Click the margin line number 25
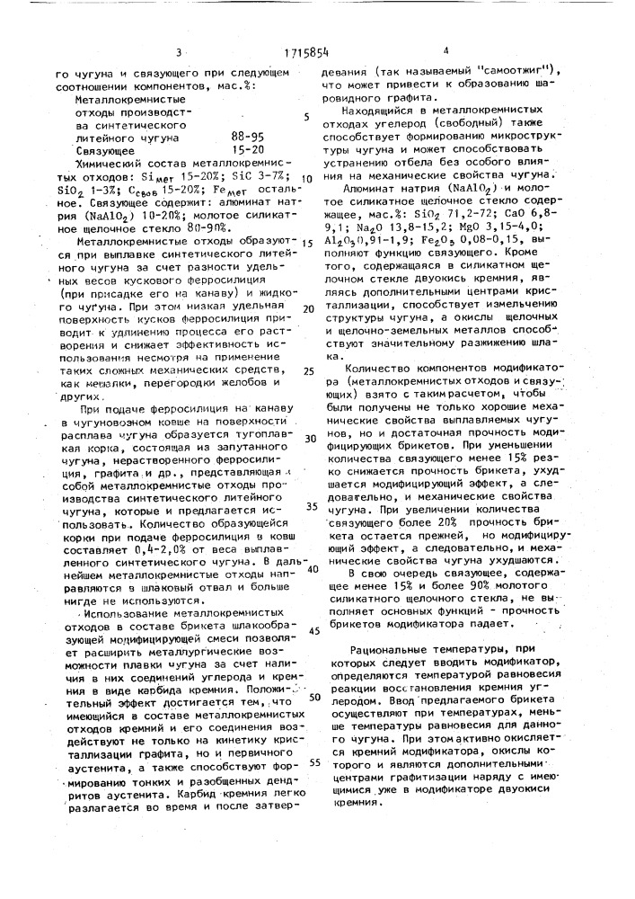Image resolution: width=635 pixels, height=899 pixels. (x=309, y=370)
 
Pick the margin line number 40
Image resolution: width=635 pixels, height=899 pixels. (x=313, y=568)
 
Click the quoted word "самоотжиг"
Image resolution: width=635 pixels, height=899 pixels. (x=529, y=70)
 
